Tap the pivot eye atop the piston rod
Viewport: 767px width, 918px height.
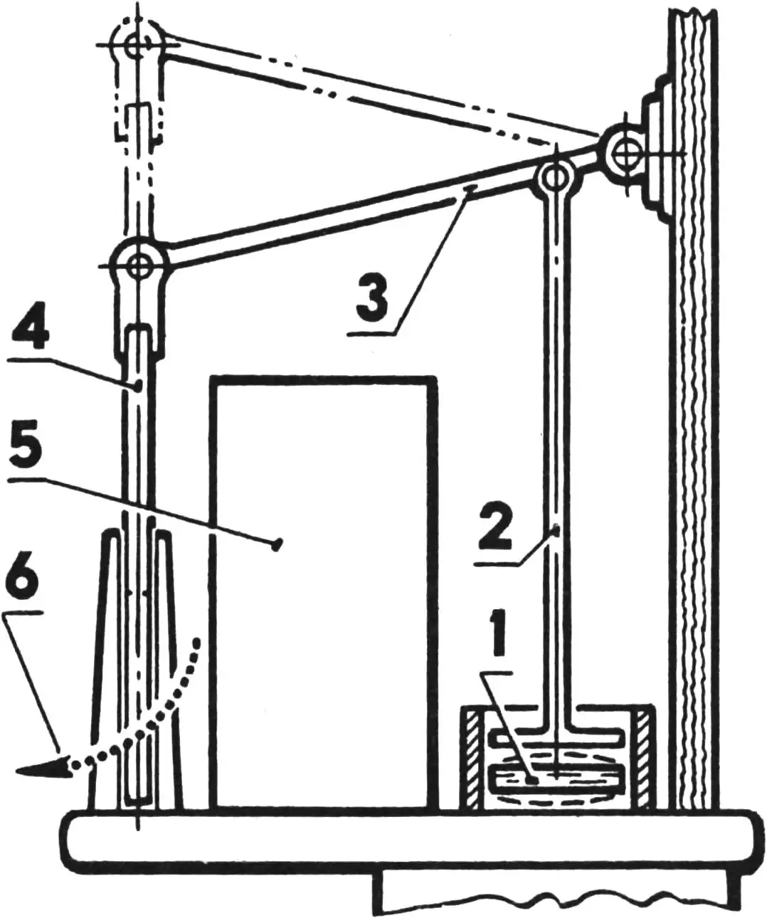point(556,179)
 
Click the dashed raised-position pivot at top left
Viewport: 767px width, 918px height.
point(137,44)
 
